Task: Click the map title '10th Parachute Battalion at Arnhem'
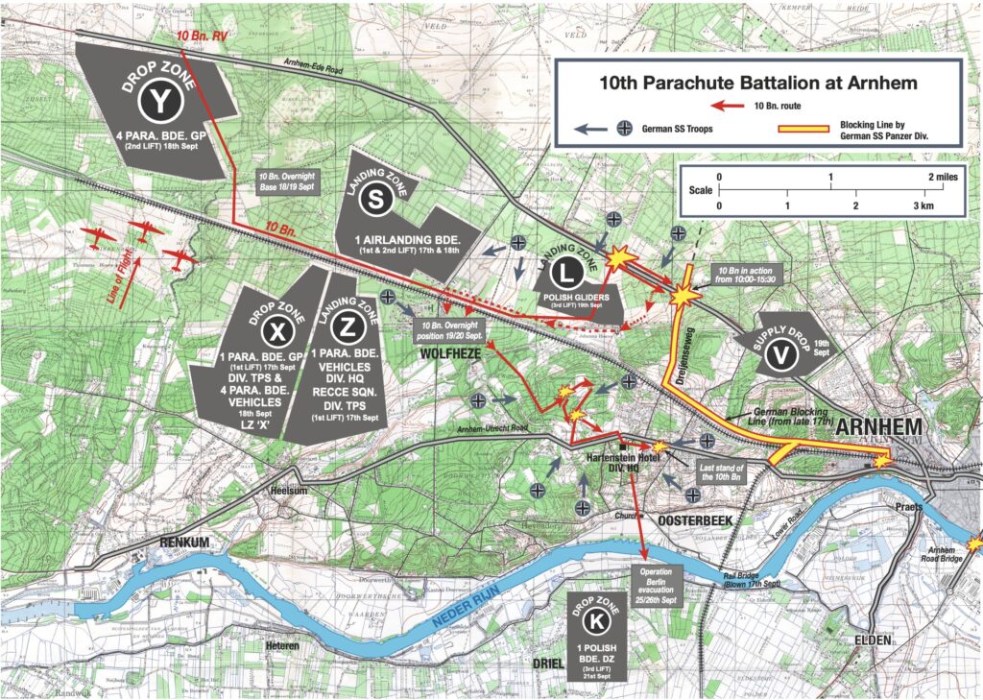(757, 84)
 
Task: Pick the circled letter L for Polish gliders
(568, 276)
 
